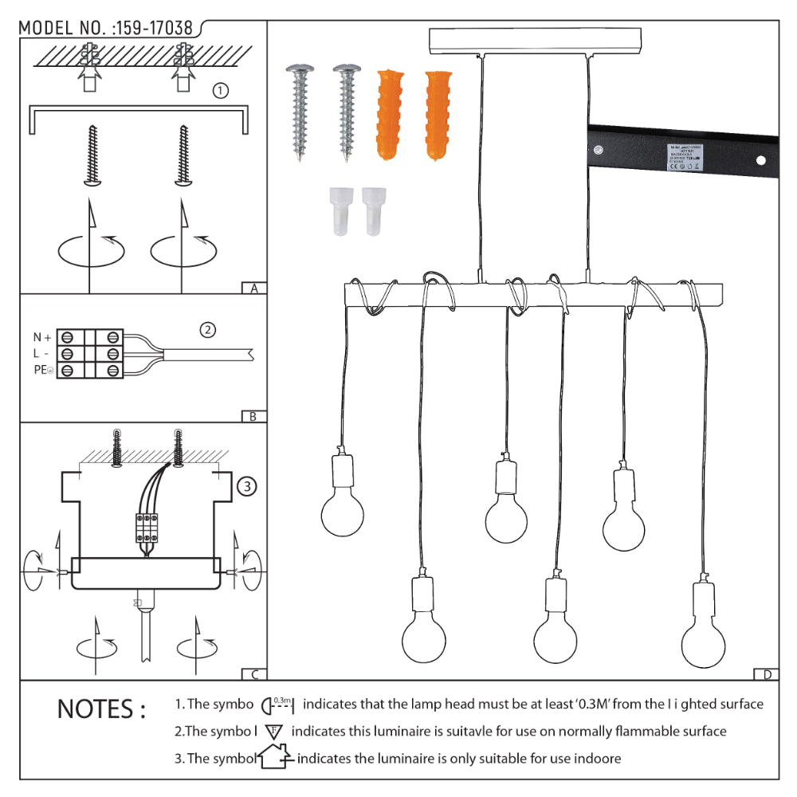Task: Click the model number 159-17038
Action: pyautogui.click(x=154, y=28)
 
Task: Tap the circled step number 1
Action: pyautogui.click(x=221, y=91)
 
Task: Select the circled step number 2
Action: pyautogui.click(x=207, y=329)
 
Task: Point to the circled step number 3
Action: pyautogui.click(x=247, y=485)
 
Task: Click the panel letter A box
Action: pyautogui.click(x=253, y=289)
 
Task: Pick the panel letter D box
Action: pyautogui.click(x=766, y=674)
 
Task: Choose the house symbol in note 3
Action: pyautogui.click(x=274, y=758)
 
